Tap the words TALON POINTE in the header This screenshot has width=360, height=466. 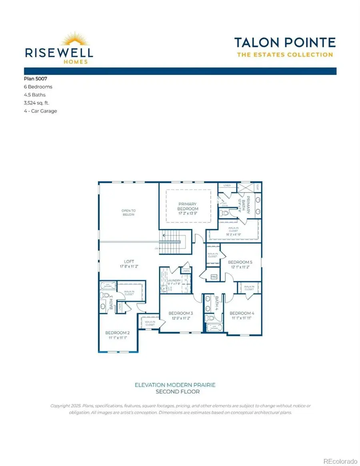[x=285, y=42]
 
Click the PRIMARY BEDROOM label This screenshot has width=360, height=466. [x=188, y=206]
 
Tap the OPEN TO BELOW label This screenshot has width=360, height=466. [x=128, y=212]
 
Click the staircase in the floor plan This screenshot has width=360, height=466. [x=173, y=242]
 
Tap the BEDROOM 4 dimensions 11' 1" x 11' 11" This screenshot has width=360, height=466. [x=242, y=318]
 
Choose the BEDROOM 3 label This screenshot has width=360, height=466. [x=181, y=313]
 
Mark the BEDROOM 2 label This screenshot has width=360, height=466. [x=117, y=332]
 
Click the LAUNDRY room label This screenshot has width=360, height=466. [x=174, y=281]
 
